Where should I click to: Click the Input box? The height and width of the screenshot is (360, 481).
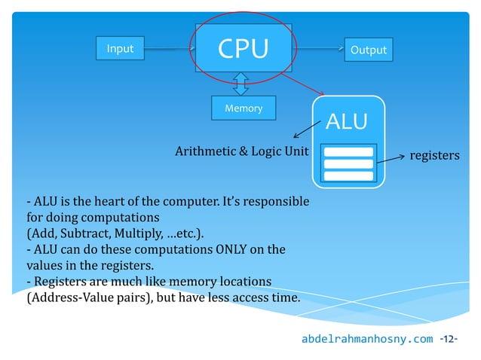[x=120, y=49]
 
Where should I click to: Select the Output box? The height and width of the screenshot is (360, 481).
[x=369, y=50]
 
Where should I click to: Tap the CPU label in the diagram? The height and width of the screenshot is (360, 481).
[x=243, y=48]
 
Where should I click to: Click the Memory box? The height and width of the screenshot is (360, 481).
[x=244, y=108]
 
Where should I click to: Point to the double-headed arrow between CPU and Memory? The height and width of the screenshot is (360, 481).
[x=241, y=84]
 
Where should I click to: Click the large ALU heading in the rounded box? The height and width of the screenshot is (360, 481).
[x=347, y=121]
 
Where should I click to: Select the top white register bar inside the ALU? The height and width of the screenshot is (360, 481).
[x=348, y=151]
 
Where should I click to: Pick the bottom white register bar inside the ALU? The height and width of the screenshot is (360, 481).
[x=348, y=176]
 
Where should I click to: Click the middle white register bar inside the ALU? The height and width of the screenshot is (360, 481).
[x=348, y=163]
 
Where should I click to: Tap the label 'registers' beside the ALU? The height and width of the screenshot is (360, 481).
[x=434, y=155]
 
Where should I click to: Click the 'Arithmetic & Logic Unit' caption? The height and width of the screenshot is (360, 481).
[x=242, y=151]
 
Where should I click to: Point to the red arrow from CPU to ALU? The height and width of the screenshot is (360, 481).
[x=305, y=84]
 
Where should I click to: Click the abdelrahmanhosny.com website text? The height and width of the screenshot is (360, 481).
[x=367, y=339]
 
